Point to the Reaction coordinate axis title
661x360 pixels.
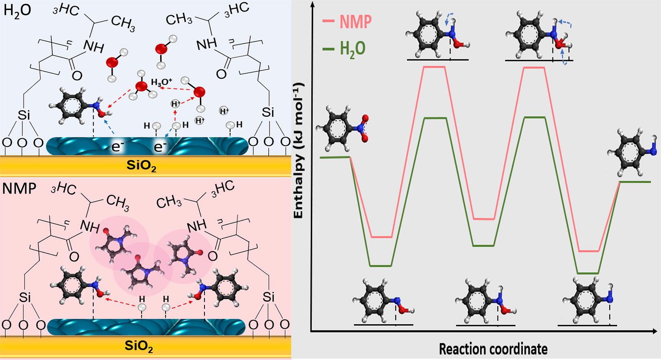[493, 349]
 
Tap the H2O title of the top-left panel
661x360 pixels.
[17, 11]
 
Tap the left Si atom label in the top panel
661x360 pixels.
[24, 115]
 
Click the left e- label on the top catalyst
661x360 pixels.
[116, 147]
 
